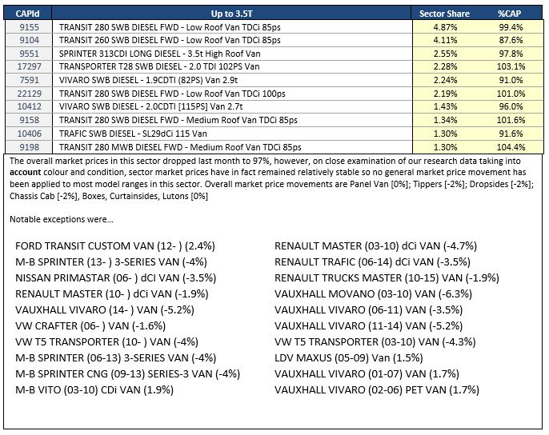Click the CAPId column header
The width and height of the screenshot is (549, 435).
28,14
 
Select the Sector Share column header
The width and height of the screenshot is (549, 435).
444,14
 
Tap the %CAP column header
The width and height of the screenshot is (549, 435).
510,14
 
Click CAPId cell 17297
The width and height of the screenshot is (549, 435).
30,66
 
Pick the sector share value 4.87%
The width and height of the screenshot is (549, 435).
445,27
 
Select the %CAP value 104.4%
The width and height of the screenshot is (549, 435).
511,147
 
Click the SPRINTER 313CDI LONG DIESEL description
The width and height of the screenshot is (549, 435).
160,54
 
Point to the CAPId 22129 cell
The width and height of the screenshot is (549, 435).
30,94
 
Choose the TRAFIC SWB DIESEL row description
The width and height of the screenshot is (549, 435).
133,134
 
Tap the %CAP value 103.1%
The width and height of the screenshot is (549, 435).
511,66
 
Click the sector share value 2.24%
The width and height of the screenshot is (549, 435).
445,80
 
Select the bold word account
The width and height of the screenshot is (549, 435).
26,172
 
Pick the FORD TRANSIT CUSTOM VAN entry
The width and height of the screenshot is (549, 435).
115,246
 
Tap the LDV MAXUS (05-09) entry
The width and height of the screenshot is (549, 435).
348,358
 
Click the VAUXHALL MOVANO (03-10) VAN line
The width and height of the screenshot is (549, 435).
373,294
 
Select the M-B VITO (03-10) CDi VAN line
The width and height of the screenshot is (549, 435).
94,390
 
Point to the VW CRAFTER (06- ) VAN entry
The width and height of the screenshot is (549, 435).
90,325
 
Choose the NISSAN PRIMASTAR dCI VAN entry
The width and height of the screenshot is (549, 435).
115,277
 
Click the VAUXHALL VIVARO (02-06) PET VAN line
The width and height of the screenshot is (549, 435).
377,390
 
